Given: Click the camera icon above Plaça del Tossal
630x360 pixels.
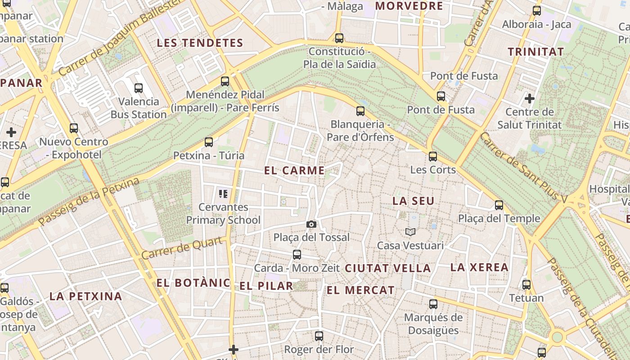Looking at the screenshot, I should (311, 224).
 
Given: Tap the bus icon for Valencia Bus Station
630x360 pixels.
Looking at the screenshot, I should (139, 88).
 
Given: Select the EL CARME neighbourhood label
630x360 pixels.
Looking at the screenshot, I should (294, 171).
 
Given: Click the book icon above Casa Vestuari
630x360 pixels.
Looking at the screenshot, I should (410, 232).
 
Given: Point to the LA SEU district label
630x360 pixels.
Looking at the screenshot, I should (414, 201).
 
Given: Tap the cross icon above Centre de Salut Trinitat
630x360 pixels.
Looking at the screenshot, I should (530, 98).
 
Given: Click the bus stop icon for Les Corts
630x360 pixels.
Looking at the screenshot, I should (433, 157).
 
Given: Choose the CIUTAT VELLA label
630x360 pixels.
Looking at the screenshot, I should (388, 268).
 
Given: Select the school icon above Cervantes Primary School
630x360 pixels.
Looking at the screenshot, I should (223, 194).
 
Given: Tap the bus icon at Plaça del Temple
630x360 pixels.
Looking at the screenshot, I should (499, 205).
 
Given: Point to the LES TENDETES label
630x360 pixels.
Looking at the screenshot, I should (200, 43).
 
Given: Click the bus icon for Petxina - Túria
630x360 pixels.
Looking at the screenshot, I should (209, 142).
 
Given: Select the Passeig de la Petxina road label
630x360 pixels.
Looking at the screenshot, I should (89, 202).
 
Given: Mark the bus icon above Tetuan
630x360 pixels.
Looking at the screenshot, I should (526, 285).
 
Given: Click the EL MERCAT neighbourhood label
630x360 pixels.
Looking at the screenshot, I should (360, 290).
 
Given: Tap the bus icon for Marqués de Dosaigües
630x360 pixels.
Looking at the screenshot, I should (433, 304).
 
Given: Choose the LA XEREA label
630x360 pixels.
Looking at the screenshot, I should (479, 267).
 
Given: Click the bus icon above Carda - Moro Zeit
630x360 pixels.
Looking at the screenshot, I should (297, 255).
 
